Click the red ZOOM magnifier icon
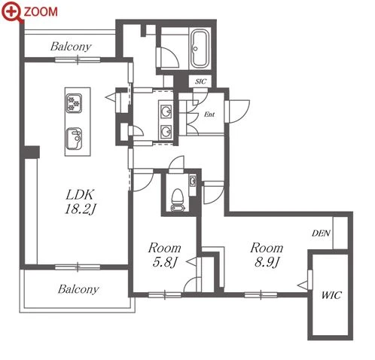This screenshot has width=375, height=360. click(11, 12)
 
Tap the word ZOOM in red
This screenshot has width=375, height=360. click(41, 12)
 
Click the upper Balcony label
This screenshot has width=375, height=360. click(71, 47)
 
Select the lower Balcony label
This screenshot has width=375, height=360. click(78, 289)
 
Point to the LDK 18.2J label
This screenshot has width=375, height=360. click(81, 202)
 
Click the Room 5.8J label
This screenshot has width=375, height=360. click(164, 255)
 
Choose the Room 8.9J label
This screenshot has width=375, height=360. click(267, 255)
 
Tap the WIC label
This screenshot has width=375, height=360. click(331, 295)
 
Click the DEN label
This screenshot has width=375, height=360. click(321, 233)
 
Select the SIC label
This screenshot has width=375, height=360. click(200, 81)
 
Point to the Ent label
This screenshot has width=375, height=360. click(209, 114)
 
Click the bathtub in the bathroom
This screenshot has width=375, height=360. click(200, 49)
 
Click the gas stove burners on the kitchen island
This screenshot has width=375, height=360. click(74, 103)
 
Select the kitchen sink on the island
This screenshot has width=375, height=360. click(74, 139)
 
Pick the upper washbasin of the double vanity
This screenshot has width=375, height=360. click(166, 111)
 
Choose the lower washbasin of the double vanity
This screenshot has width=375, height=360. click(166, 131)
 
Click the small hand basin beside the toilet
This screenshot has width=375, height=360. click(193, 181)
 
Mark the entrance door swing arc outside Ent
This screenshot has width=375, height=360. click(243, 114)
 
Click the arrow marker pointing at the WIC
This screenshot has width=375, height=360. click(303, 285)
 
